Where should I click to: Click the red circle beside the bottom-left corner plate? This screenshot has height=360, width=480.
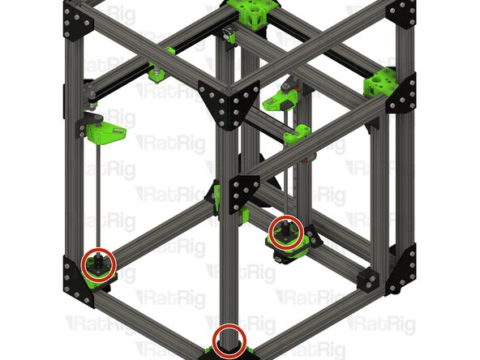pyautogui.click(x=98, y=263)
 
